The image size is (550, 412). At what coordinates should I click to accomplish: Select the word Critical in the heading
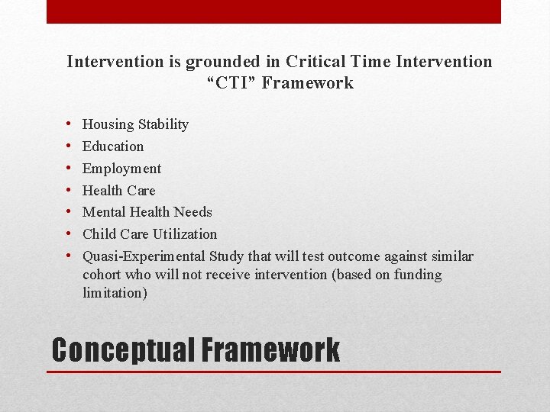pos(313,61)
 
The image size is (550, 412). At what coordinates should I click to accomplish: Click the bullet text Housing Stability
pos(135,124)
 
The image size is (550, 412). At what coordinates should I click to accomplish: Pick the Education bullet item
pos(113,146)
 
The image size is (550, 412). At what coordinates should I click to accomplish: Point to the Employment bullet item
pos(121,169)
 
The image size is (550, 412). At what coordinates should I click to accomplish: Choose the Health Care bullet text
pos(118,191)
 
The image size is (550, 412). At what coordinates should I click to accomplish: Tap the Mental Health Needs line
pos(147,212)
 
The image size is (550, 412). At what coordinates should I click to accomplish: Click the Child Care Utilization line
pos(150,234)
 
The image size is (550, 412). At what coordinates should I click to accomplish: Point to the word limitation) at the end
pos(115,293)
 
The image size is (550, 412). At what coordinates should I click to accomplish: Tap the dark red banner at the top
pos(273,11)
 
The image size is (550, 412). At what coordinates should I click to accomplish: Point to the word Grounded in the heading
pos(210,61)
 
